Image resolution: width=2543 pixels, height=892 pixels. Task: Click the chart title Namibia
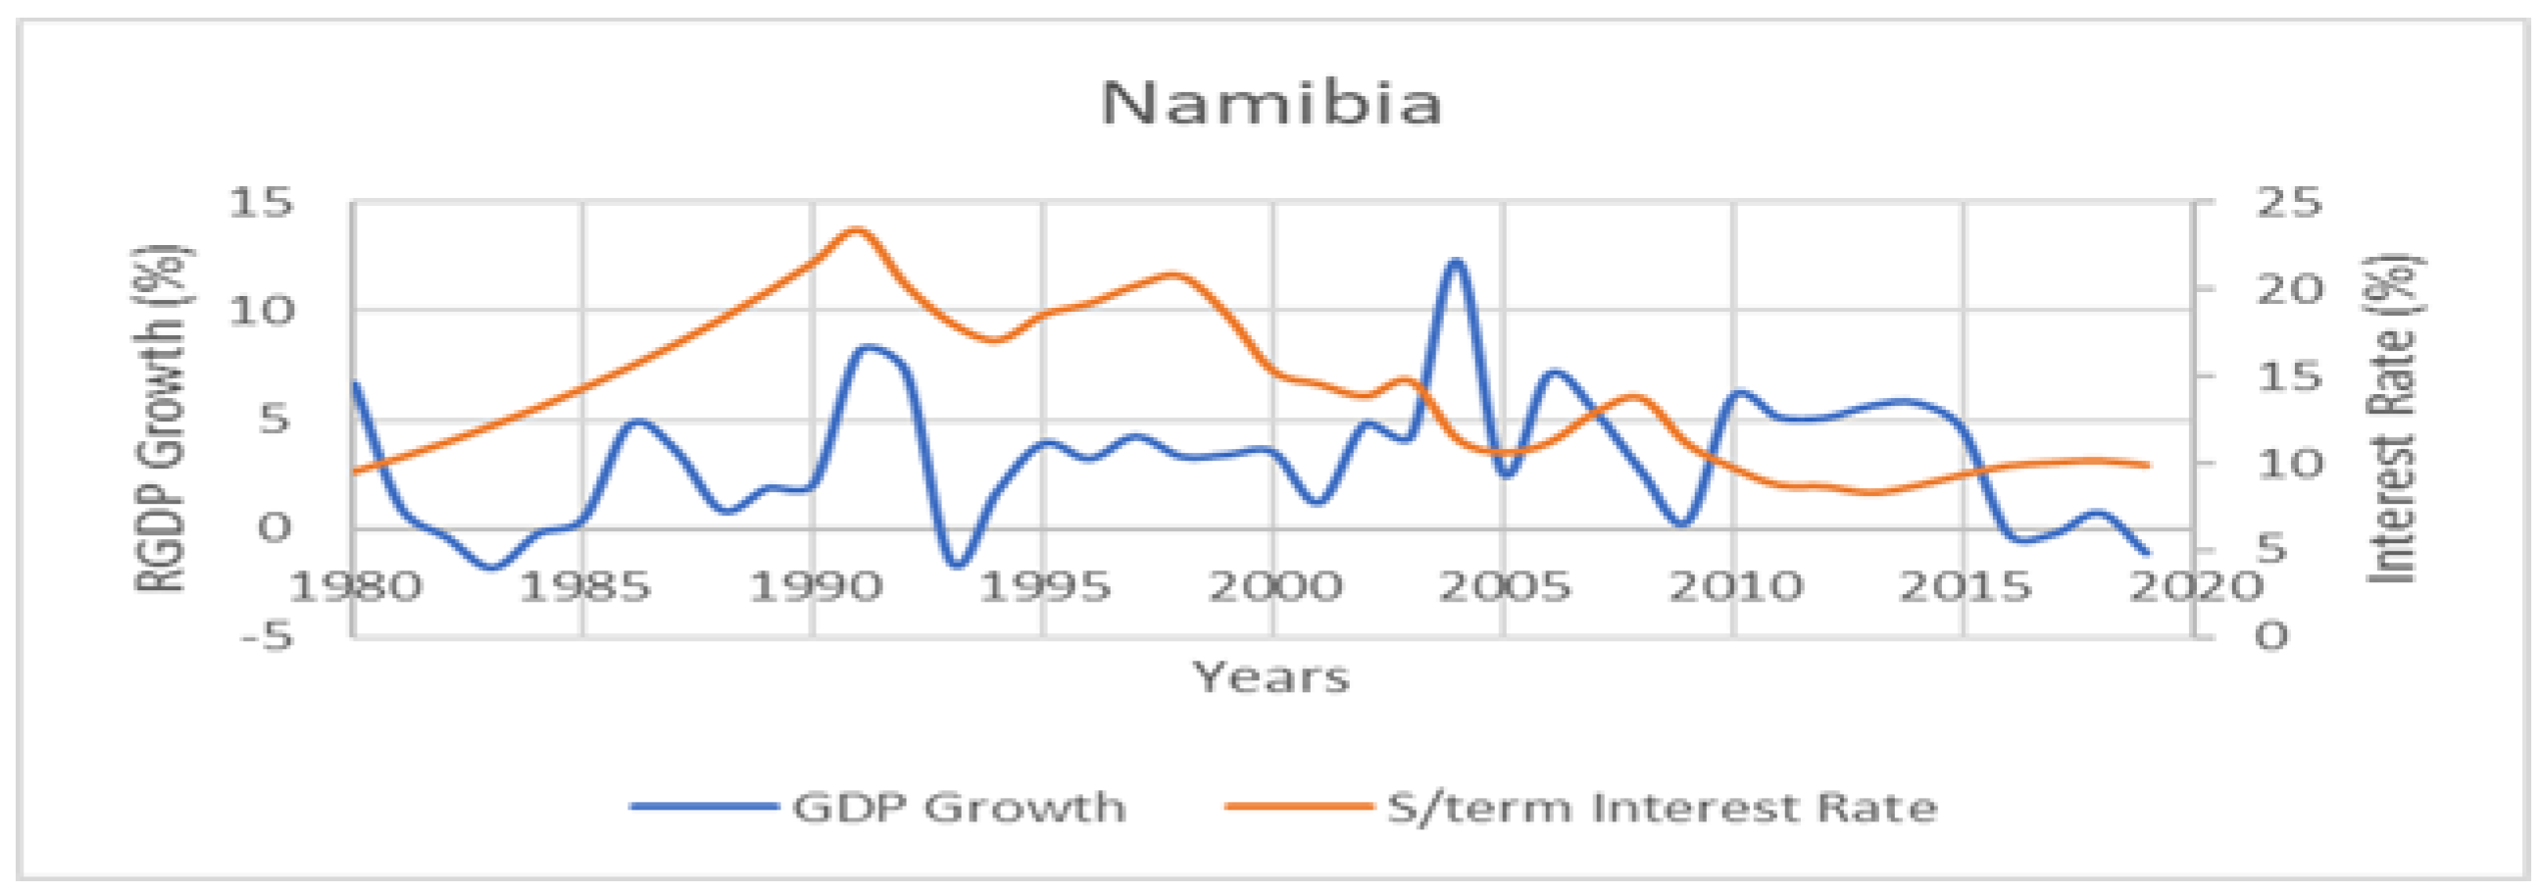[1271, 104]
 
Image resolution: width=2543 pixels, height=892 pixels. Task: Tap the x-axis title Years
[1271, 678]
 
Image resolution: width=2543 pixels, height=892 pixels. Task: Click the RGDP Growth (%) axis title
[160, 419]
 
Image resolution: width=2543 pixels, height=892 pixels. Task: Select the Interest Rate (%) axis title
[2393, 419]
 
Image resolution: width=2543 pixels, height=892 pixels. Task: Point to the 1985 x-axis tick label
[584, 588]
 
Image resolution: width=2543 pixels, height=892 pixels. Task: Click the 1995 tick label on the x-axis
[1044, 588]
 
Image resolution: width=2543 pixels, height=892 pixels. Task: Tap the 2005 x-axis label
[1505, 588]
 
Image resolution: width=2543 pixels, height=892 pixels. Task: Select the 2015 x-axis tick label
[1965, 588]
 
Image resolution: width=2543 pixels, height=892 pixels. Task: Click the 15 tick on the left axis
[262, 203]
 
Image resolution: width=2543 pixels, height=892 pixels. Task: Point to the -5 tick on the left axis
[267, 636]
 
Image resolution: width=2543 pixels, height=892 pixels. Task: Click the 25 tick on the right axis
[2289, 203]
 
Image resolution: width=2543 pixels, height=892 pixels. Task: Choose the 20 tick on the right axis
[2289, 290]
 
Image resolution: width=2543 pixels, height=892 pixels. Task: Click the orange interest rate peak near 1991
[856, 230]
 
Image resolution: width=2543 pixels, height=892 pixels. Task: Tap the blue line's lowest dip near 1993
[956, 566]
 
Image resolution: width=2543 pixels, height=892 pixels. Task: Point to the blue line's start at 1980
[355, 383]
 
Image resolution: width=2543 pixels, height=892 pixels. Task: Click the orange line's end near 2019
[2148, 465]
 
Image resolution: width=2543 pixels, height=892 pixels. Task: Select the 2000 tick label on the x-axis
[1274, 588]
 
